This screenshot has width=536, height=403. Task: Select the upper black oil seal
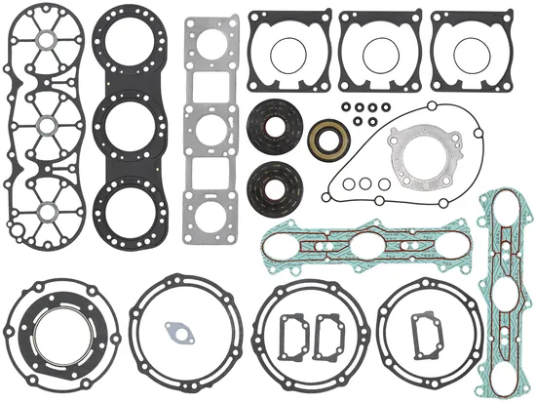(280, 127)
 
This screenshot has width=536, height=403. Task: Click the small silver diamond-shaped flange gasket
(177, 330)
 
